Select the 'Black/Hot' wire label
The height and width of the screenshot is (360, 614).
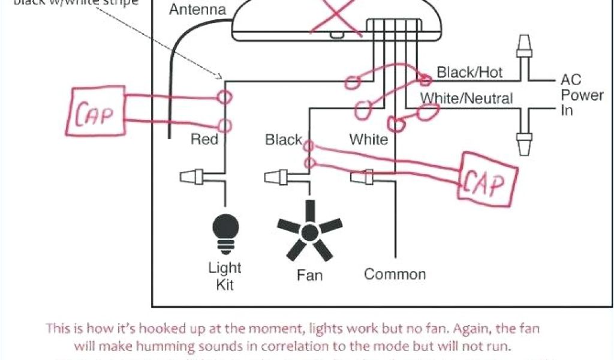point(469,73)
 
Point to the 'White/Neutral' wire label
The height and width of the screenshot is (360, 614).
point(466,98)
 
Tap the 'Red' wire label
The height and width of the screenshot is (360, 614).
point(204,140)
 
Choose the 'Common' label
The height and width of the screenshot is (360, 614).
point(395,274)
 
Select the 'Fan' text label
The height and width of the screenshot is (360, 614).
point(309,275)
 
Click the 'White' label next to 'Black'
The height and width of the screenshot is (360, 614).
point(369,140)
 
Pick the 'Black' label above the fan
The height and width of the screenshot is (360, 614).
point(283,140)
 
